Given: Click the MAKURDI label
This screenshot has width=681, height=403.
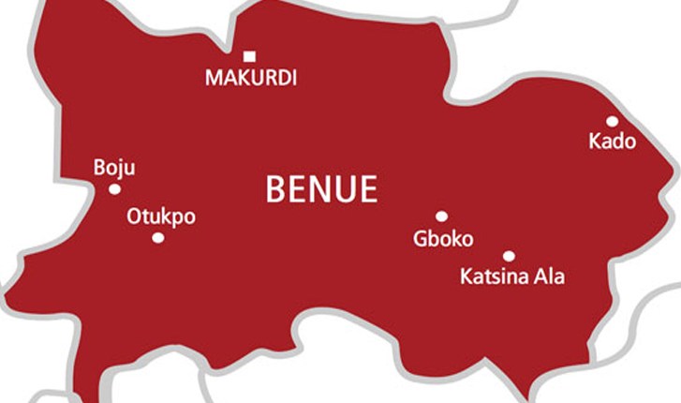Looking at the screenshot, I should [250, 79].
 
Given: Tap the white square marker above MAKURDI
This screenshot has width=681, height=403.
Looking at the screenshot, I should [249, 57].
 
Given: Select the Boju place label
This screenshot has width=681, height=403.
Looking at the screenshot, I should [114, 169].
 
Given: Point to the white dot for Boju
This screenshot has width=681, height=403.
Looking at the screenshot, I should [114, 189].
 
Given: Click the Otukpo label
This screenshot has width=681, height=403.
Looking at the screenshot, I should [161, 217].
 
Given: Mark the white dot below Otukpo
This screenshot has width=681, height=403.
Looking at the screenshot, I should [157, 238].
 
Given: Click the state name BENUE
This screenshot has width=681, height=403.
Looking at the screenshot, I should [321, 189].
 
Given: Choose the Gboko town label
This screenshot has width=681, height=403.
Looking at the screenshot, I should [443, 239].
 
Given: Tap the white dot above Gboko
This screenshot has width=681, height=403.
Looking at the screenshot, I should [441, 216].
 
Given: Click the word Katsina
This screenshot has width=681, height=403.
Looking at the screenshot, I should [495, 277].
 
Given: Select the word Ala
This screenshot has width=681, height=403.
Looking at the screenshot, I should [550, 277].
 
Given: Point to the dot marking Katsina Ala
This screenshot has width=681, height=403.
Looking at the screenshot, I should [509, 256].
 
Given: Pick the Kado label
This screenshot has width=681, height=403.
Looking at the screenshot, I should [612, 142].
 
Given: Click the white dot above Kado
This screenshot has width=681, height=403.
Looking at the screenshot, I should [612, 122].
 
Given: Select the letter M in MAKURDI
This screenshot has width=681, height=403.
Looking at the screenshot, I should [214, 79].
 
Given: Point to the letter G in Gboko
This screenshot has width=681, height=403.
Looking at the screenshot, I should [421, 239].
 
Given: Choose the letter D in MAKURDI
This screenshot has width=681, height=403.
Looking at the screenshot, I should [280, 79].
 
